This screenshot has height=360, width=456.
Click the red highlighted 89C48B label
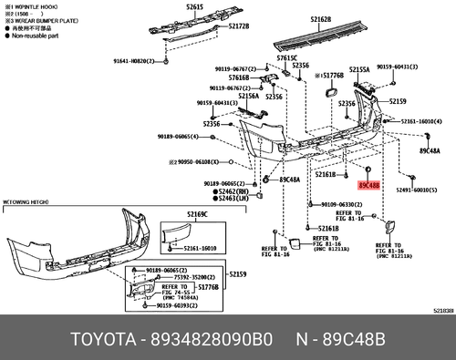coord(368,185)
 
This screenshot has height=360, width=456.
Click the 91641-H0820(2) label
coord(134,61)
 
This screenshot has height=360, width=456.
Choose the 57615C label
coord(288,57)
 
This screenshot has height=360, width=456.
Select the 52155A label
coord(358,69)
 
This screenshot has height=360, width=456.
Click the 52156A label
coord(249,95)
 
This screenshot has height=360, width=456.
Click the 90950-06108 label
coord(195,160)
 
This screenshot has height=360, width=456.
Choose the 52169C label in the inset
coord(196,213)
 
